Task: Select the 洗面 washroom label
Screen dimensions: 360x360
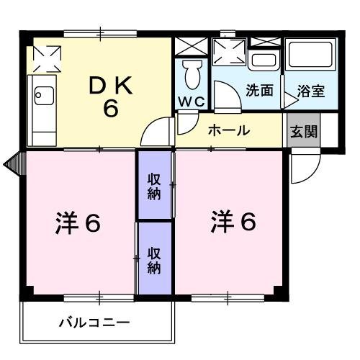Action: coord(258,91)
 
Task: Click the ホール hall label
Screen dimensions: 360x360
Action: coord(228,130)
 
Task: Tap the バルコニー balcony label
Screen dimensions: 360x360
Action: coord(94,323)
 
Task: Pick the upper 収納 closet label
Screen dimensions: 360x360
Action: coord(155,186)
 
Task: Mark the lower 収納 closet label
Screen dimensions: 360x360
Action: coord(155,260)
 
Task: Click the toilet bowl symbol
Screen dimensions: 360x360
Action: coord(192,74)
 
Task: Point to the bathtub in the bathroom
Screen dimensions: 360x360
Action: coord(309,59)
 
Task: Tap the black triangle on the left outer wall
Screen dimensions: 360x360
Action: coord(12,163)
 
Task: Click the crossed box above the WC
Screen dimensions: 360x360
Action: coord(191,45)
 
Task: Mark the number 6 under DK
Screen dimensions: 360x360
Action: coord(110,110)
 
